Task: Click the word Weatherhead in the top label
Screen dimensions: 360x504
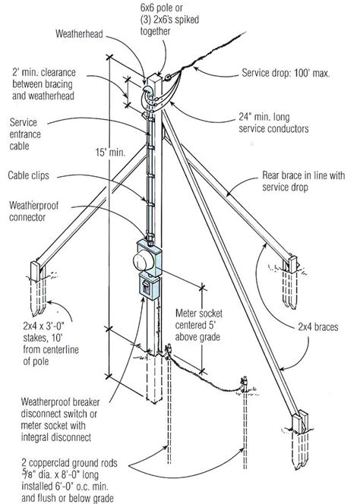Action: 79,33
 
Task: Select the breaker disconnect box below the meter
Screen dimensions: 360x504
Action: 149,287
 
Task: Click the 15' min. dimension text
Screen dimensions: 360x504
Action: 110,152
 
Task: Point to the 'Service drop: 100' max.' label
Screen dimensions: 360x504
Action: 286,73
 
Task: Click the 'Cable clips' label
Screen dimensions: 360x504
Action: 29,175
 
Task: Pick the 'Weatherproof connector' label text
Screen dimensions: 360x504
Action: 33,211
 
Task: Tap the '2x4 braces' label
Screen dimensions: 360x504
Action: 318,327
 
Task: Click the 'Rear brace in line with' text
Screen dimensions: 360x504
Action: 303,175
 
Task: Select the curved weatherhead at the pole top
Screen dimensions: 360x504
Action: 147,94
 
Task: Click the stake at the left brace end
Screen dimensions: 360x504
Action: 39,287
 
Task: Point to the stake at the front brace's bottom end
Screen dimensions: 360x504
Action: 301,440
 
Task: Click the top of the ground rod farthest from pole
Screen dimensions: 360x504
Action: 245,380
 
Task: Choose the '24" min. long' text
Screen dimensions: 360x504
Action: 264,117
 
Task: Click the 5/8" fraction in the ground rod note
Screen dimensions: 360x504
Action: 26,474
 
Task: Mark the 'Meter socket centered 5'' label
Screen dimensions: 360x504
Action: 198,320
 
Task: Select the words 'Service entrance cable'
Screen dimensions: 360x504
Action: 25,134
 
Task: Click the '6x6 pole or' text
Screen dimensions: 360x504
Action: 161,8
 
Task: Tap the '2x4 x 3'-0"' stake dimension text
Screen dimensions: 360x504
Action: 44,326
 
